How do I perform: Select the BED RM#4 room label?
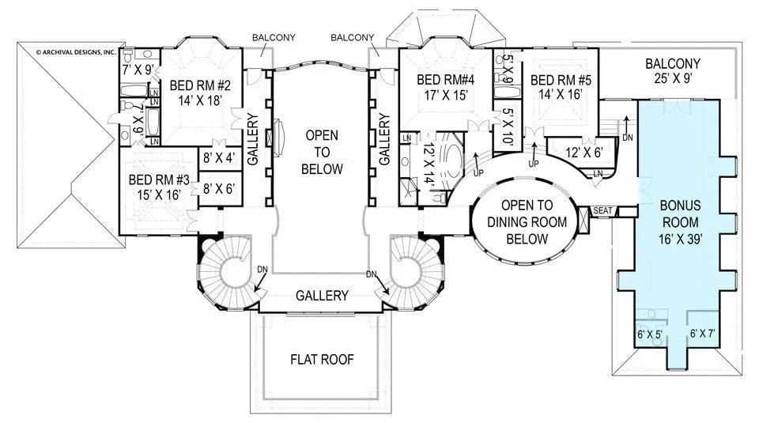[x=446, y=79]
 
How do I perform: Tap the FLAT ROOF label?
[x=321, y=359]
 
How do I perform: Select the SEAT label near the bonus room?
[x=603, y=211]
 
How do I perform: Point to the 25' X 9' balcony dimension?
[x=672, y=80]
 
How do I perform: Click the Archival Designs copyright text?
[x=76, y=53]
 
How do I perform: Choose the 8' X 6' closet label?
[x=218, y=189]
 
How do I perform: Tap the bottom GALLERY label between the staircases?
[x=322, y=296]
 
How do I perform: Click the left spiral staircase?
[x=229, y=274]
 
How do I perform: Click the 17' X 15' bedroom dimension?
[x=446, y=94]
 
